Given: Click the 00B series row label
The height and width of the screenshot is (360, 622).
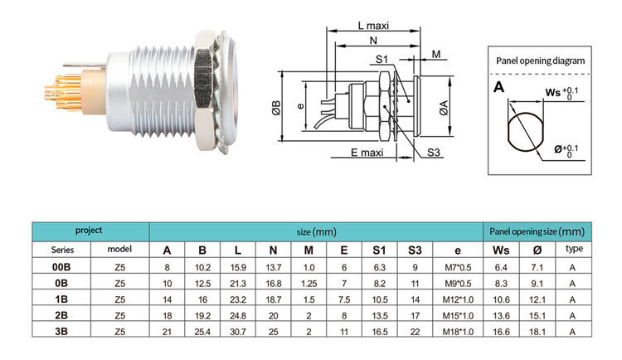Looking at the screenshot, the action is tap(61, 267).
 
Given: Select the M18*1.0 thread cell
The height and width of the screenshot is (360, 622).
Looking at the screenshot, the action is tap(458, 332).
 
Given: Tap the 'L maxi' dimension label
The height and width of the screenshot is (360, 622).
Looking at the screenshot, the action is tap(373, 26).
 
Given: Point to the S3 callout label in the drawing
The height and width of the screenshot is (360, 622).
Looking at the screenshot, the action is tap(433, 153).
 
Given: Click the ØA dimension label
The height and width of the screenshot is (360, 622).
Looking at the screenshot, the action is tap(444, 108).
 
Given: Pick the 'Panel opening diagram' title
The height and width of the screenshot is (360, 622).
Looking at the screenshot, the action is tap(540, 61).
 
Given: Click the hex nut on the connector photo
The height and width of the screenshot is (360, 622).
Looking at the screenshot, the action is tap(205, 92).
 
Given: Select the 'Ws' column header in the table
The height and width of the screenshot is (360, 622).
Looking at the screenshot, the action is tap(501, 250).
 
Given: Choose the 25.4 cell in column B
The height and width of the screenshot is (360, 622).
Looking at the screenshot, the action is tap(202, 332).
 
